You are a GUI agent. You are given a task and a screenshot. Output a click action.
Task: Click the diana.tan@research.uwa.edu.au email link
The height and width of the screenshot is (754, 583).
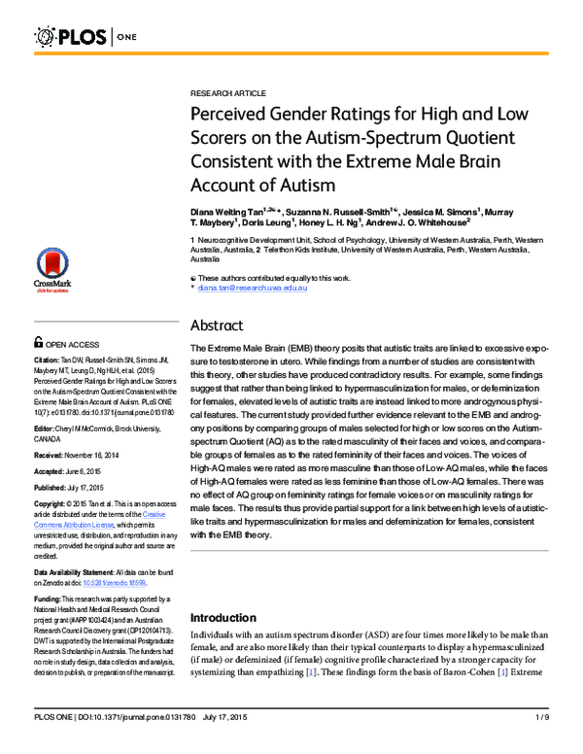[x=253, y=289]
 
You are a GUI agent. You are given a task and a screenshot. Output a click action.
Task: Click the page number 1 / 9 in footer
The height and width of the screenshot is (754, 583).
[x=542, y=742]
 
